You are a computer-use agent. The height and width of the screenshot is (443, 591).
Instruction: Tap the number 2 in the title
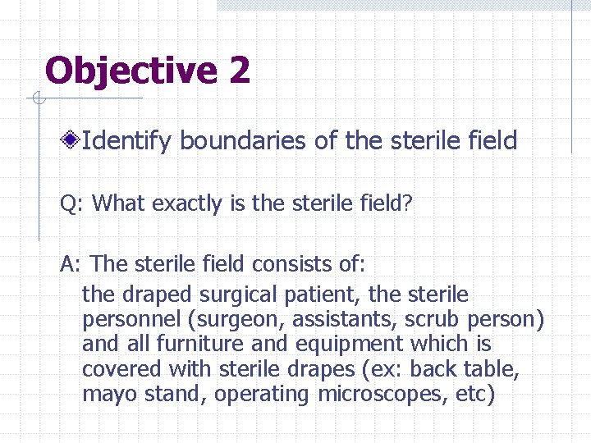point(239,71)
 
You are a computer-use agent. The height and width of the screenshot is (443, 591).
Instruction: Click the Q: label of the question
point(72,203)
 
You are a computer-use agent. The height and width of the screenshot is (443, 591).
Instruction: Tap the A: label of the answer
point(72,264)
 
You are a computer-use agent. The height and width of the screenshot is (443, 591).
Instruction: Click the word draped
point(153,294)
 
